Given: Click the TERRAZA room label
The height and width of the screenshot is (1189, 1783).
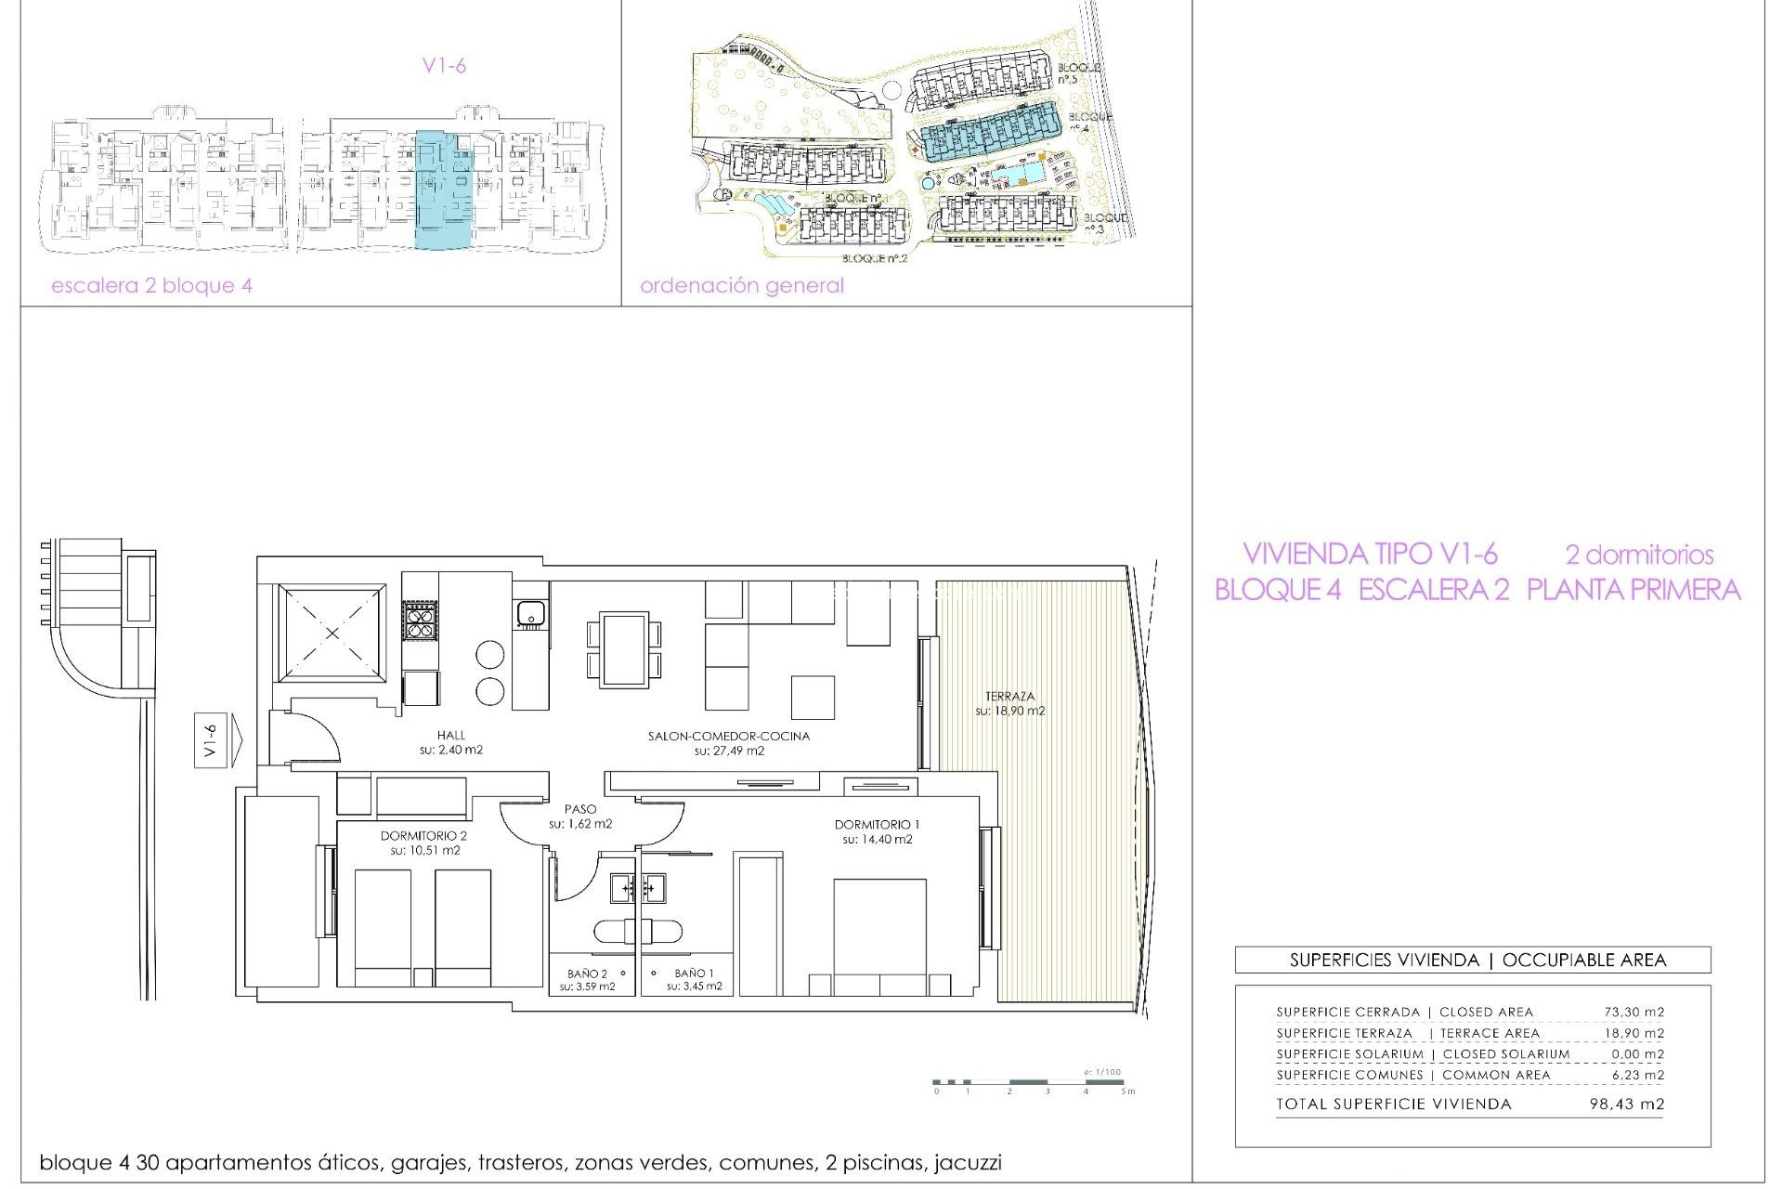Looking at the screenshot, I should point(1009,696).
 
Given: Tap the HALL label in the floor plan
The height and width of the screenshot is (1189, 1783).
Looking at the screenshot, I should point(451,735).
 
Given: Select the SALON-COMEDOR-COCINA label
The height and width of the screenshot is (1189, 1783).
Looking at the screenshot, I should point(729,736).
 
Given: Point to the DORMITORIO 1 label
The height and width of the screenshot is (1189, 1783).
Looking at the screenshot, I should point(877,824).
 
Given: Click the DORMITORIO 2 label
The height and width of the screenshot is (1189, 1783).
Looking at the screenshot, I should point(423,835).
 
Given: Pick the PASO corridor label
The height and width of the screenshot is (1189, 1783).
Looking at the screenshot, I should point(580,809).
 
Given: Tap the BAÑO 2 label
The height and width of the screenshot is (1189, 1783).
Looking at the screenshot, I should point(587,973).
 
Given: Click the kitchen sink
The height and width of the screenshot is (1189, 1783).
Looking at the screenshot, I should point(530,613).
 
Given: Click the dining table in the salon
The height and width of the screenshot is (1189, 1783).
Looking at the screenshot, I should point(624,649).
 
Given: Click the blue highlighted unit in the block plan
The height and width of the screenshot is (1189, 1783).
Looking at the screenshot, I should point(444,190).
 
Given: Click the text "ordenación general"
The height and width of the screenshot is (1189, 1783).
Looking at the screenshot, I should point(741,285).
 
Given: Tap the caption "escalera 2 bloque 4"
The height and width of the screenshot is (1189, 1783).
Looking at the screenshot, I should point(151,285).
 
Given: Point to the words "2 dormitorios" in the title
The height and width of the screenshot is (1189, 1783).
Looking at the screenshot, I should point(1639,555).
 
